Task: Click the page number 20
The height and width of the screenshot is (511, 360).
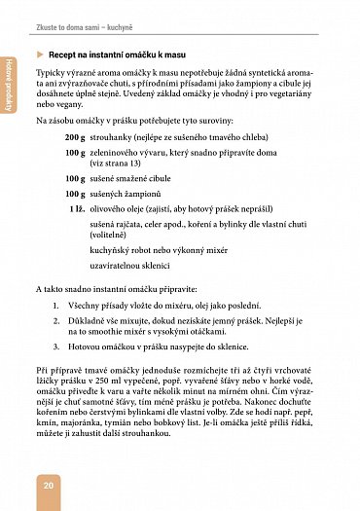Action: click(47, 485)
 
